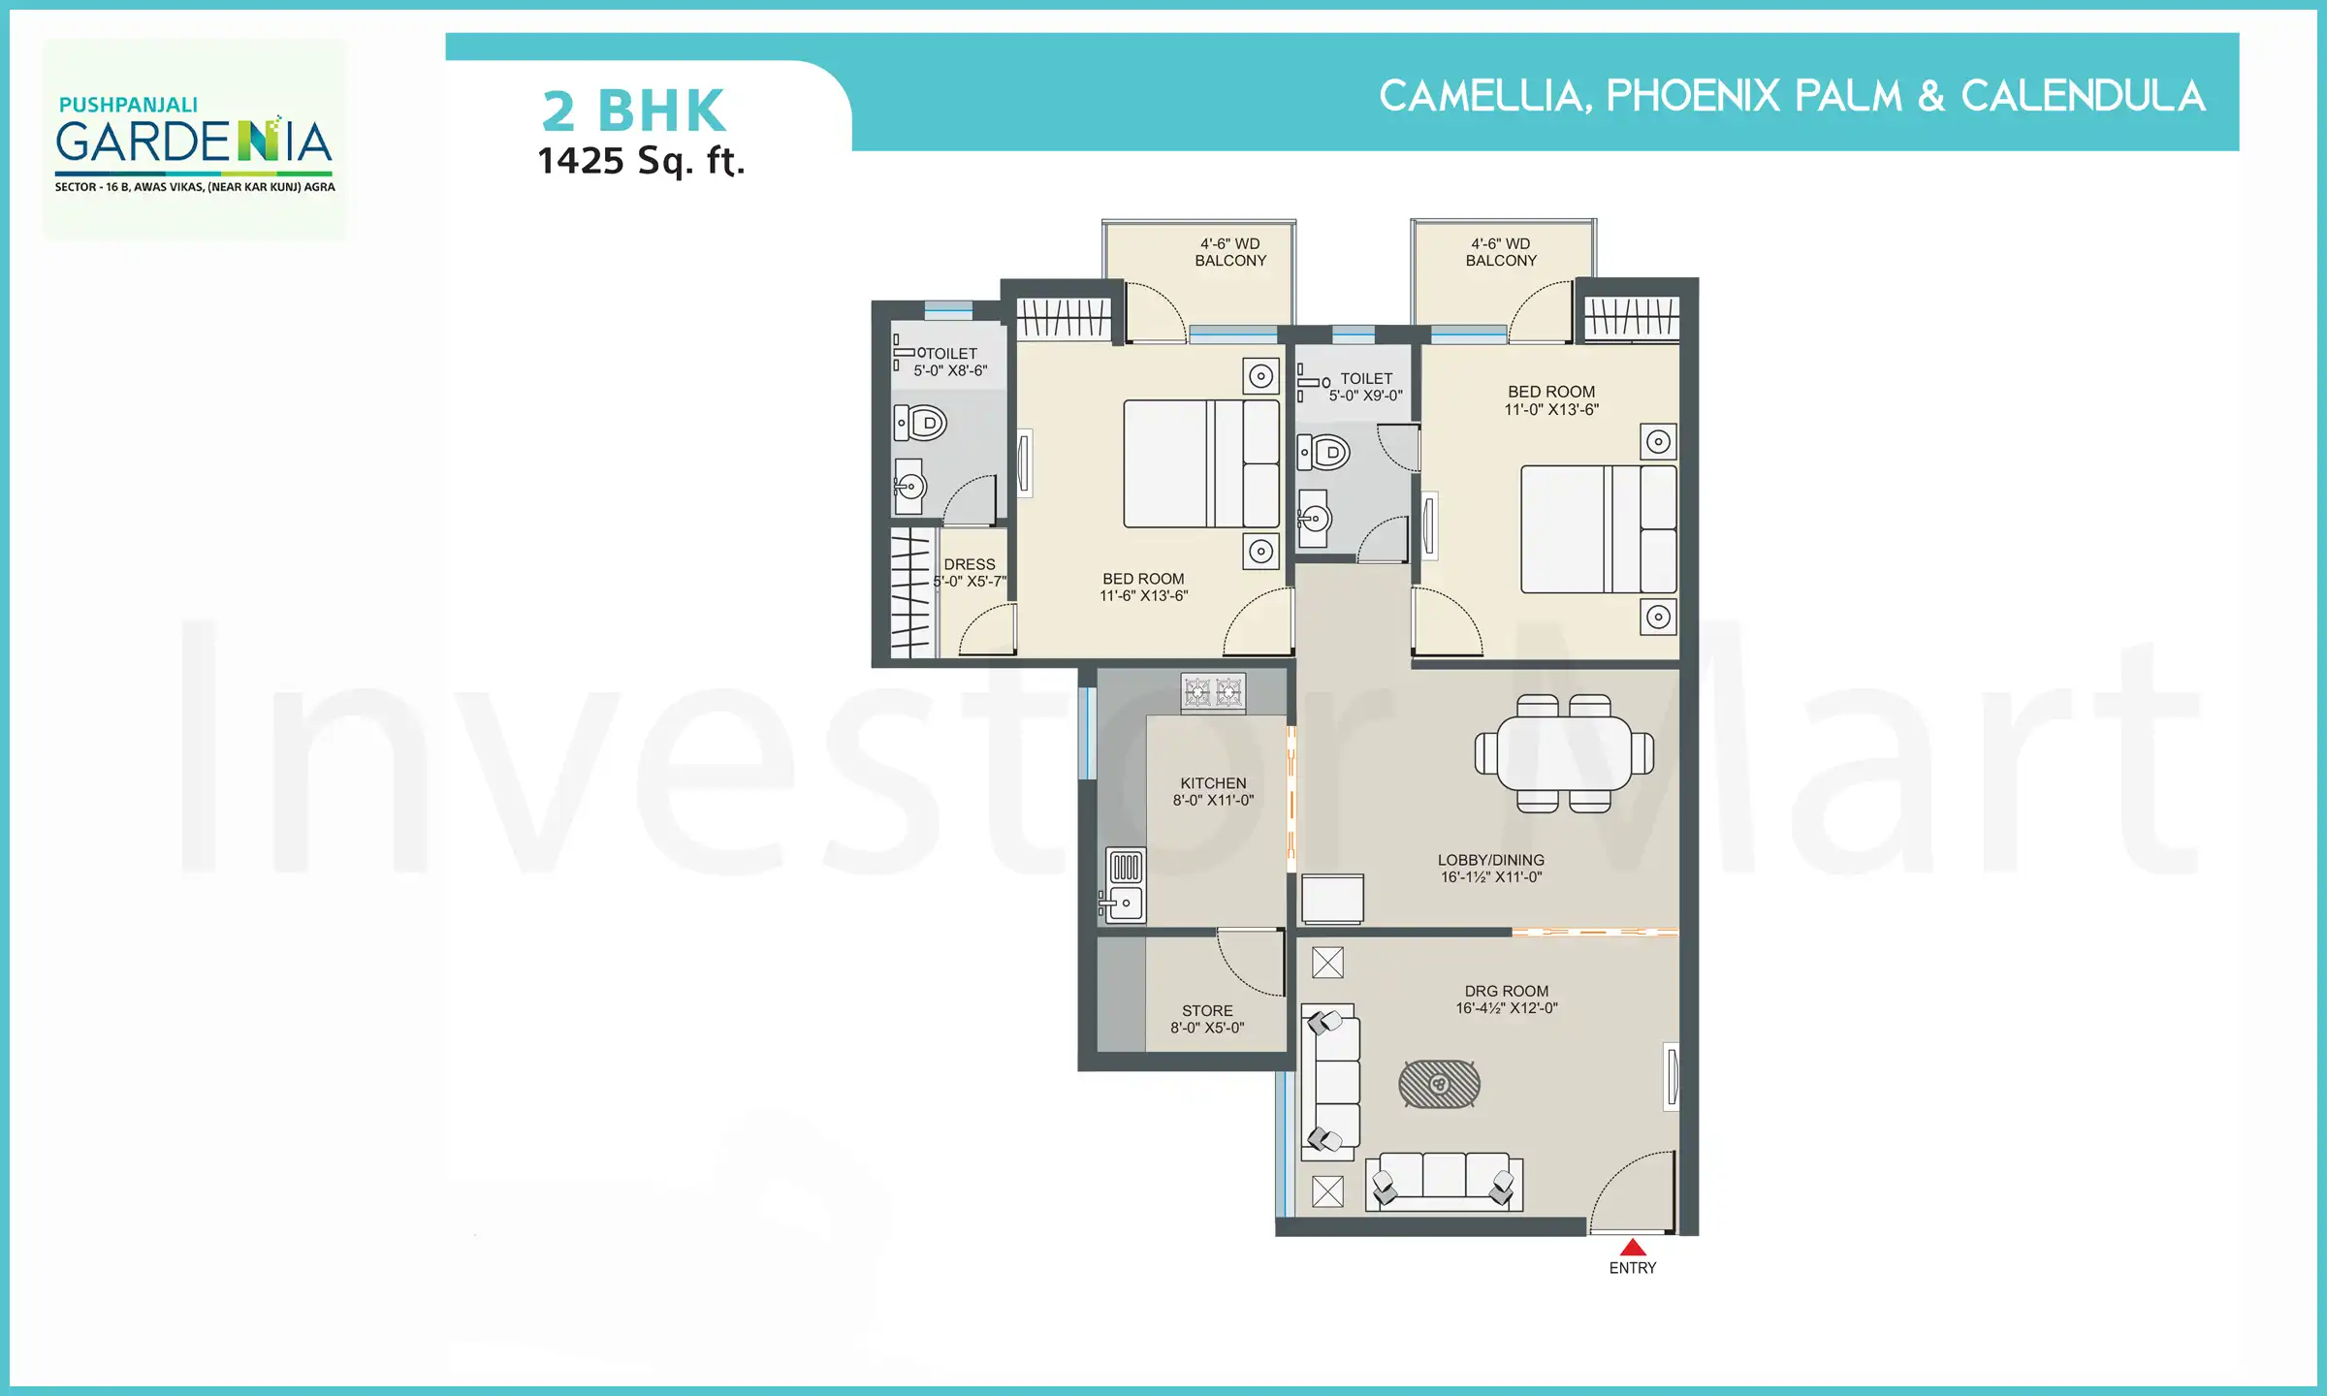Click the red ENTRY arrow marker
click(1633, 1248)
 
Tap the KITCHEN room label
click(1213, 783)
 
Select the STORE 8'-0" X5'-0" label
click(1207, 1019)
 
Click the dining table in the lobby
click(1564, 753)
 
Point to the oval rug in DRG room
click(1439, 1084)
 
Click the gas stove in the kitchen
click(1213, 692)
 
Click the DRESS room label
click(970, 564)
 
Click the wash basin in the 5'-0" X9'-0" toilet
click(1314, 519)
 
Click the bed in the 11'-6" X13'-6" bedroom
click(1200, 463)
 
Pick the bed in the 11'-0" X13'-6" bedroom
click(1598, 529)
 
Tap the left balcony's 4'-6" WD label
click(1229, 244)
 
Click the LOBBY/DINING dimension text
click(1490, 877)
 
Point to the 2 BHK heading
click(633, 111)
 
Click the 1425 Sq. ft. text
click(641, 161)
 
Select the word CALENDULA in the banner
click(2083, 96)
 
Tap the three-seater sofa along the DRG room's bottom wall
click(1444, 1181)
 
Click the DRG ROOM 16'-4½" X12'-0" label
click(1506, 999)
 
